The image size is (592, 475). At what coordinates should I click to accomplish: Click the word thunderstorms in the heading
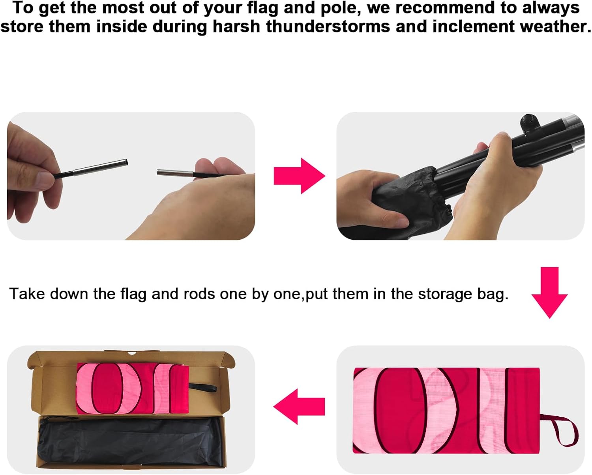point(328,27)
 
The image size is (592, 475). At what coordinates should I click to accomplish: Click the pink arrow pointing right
point(299,176)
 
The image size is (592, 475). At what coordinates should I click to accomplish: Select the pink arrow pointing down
point(549,293)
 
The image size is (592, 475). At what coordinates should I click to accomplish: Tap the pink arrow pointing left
point(299,406)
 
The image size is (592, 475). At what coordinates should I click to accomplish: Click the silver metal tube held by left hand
point(100,167)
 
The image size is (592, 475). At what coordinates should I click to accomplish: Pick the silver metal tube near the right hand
point(175,173)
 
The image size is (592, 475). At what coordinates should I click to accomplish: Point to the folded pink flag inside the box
point(133,389)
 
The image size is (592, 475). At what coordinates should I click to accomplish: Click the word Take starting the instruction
point(27,294)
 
